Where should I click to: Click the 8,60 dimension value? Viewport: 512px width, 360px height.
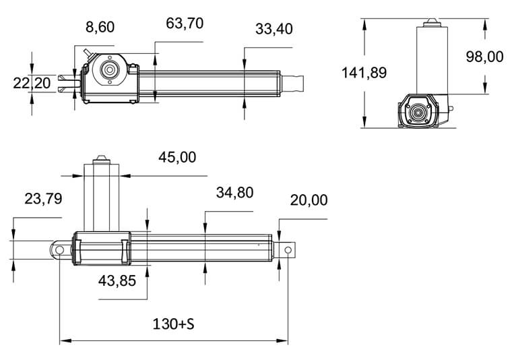click(x=100, y=28)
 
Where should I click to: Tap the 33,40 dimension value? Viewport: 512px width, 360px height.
click(x=274, y=29)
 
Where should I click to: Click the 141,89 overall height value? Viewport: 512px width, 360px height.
click(x=364, y=73)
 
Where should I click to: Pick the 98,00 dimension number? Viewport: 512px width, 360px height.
click(x=484, y=57)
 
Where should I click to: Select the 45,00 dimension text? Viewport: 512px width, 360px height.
click(x=177, y=157)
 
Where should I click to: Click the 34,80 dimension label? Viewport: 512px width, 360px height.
click(x=234, y=193)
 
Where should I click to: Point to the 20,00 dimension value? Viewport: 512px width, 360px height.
click(x=309, y=200)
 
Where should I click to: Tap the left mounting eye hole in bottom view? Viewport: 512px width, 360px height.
click(x=60, y=250)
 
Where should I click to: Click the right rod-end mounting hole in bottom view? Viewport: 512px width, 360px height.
click(x=288, y=251)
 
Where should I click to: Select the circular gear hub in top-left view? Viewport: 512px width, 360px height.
click(x=107, y=70)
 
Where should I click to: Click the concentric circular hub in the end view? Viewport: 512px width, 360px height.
click(x=420, y=113)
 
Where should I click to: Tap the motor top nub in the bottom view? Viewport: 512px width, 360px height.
click(x=101, y=158)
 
